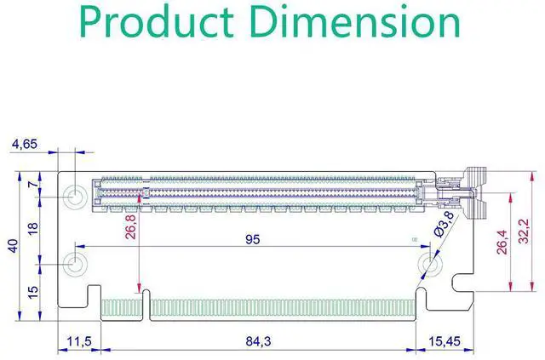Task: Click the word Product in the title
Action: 157,21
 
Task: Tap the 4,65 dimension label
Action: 25,144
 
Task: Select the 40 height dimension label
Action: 14,246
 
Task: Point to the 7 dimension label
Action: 34,185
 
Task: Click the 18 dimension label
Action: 33,229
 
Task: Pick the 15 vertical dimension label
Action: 33,292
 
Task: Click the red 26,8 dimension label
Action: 131,227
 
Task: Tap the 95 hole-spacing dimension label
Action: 253,239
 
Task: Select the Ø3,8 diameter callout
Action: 445,225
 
